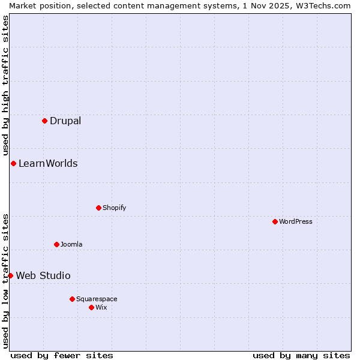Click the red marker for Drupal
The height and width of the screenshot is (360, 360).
(x=44, y=121)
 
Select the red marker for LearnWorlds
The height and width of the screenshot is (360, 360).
(x=13, y=163)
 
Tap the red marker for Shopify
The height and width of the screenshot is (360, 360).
(x=98, y=208)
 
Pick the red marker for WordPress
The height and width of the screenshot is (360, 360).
(x=275, y=221)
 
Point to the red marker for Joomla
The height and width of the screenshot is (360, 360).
(x=56, y=244)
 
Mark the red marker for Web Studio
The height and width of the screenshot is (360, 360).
(x=10, y=275)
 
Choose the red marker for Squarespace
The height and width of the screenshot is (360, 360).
(x=72, y=299)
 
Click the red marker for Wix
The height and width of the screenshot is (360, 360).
(x=91, y=307)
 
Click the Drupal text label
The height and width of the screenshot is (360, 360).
(x=65, y=121)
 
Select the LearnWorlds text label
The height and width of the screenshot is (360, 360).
(x=48, y=163)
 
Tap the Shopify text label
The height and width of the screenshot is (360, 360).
(x=114, y=208)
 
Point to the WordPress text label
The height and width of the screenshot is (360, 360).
(x=296, y=221)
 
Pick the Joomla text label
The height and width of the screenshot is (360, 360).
(x=71, y=244)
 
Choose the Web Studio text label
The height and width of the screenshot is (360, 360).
(x=43, y=275)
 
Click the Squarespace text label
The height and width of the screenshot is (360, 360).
(x=97, y=299)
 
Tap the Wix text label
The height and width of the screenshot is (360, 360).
(x=101, y=307)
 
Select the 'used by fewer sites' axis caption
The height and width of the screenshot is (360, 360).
(x=62, y=355)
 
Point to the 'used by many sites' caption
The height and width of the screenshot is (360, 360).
(x=301, y=355)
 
